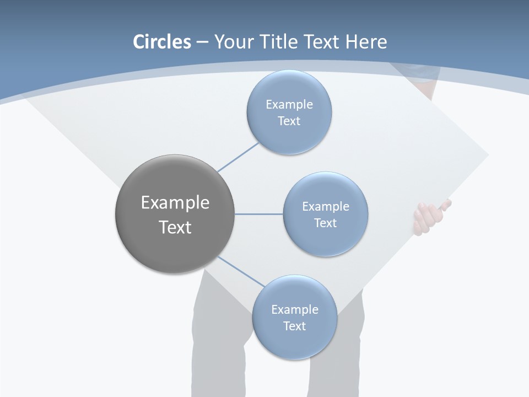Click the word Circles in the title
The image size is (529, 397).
(x=161, y=42)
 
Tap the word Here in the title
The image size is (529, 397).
(x=366, y=42)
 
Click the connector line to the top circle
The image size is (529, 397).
(x=238, y=157)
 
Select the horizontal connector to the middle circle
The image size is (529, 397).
(x=259, y=214)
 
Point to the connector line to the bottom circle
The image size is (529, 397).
(x=241, y=272)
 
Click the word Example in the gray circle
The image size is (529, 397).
(x=175, y=203)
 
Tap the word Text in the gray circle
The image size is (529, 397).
(x=175, y=227)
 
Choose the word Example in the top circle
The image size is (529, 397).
(x=289, y=104)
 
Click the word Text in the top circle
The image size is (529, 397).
(x=289, y=121)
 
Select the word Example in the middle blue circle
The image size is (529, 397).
(x=325, y=206)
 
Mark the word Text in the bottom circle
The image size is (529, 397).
(x=294, y=326)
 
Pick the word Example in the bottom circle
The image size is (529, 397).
(x=294, y=309)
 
